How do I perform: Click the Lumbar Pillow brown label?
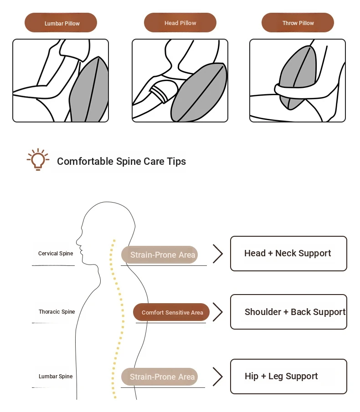point(61,23)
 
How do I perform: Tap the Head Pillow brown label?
point(180,23)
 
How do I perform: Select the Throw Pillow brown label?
point(298,23)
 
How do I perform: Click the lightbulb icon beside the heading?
point(38,159)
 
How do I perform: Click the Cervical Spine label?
point(55,254)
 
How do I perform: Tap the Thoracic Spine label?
point(57,312)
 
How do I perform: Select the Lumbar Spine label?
point(55,376)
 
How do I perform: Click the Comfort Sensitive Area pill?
point(171,312)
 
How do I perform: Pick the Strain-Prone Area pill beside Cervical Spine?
point(159,255)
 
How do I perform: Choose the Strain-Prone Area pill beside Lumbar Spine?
point(159,377)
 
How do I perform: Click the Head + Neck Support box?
point(288,254)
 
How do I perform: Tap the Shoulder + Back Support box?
point(288,312)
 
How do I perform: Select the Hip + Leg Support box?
point(288,376)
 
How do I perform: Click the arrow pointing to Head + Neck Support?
point(218,254)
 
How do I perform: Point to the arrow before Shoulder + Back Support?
point(218,312)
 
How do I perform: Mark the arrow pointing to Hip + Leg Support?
point(218,377)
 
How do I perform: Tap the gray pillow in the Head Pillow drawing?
point(199,93)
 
